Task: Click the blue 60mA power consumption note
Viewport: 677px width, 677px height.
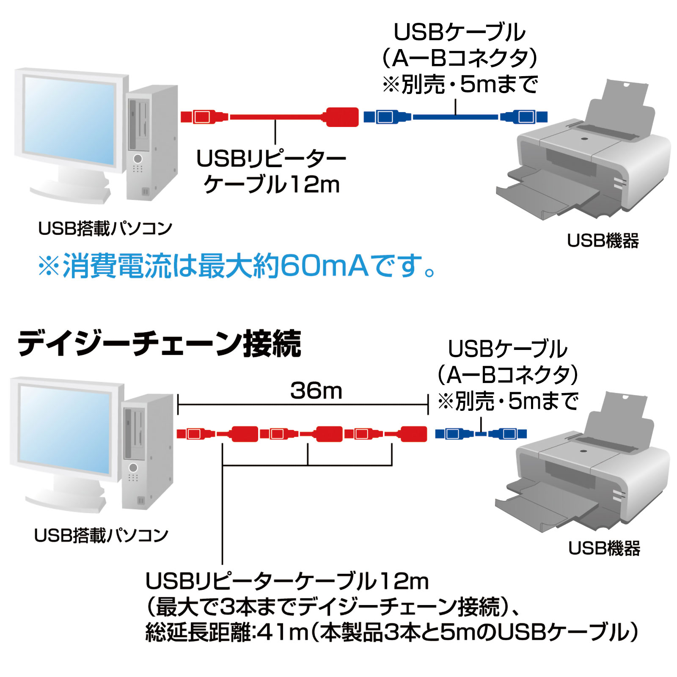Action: (237, 266)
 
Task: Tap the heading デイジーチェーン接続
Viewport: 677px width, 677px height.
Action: (159, 344)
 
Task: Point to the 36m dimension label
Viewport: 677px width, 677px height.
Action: (316, 391)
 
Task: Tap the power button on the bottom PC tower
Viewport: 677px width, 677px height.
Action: (133, 467)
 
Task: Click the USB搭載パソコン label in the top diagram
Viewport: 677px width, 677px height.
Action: (105, 229)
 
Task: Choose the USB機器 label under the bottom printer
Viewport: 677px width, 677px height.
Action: (604, 548)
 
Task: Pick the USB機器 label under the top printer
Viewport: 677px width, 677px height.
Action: (603, 241)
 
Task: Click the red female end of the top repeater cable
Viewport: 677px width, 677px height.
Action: (342, 117)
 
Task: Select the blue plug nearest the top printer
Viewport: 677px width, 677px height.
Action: (525, 117)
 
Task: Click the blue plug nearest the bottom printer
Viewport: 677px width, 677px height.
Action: (508, 434)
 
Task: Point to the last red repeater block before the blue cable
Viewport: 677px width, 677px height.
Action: (412, 434)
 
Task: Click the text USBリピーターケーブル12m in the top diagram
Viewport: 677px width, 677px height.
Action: (271, 171)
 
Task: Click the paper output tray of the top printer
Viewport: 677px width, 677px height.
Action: (550, 195)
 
